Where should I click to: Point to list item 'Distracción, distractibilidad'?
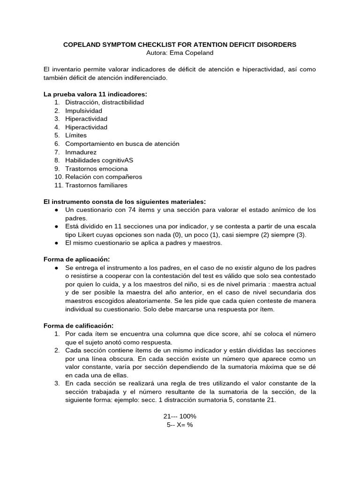[x=105, y=102]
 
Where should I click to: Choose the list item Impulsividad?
[x=83, y=111]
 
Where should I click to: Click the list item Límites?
[x=76, y=135]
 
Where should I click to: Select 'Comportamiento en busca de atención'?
[x=122, y=144]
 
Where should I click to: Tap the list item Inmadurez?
[x=81, y=152]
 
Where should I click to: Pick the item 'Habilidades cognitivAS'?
[x=99, y=160]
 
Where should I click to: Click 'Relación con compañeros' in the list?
[x=104, y=177]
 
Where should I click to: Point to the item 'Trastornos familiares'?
[x=96, y=185]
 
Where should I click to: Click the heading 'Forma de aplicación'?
[x=77, y=259]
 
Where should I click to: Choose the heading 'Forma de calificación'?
[x=78, y=326]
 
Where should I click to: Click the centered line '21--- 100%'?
[x=180, y=416]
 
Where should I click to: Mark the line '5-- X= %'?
[x=180, y=425]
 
